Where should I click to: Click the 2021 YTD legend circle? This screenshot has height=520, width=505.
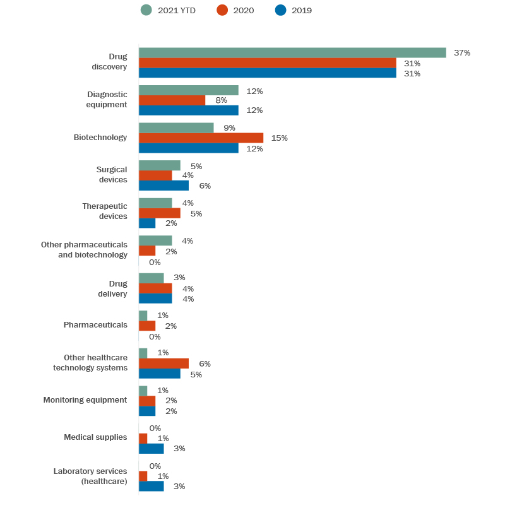[146, 10]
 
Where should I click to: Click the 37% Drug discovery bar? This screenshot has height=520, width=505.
[292, 53]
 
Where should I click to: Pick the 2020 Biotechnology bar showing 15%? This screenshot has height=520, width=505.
[201, 138]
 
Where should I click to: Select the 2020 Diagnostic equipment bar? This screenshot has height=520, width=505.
[172, 100]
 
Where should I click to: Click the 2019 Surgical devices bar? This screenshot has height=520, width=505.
[163, 186]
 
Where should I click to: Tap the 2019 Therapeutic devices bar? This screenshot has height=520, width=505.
[147, 223]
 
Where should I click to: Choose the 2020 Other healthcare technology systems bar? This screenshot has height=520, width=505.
[163, 363]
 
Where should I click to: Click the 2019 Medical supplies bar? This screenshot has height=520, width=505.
[151, 449]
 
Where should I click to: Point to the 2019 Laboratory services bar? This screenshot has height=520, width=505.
[151, 487]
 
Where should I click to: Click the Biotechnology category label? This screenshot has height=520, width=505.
[100, 138]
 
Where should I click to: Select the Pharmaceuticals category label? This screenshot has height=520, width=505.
[95, 325]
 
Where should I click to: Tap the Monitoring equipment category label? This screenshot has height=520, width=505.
[85, 400]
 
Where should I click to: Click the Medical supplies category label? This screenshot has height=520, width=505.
[95, 437]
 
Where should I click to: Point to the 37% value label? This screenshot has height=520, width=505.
[462, 53]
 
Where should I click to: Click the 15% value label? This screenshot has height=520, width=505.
[279, 138]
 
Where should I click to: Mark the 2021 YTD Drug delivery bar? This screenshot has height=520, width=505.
[151, 278]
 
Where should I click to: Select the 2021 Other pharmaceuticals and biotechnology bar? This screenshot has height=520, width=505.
[155, 240]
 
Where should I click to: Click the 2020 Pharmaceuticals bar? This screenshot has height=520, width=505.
[147, 326]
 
